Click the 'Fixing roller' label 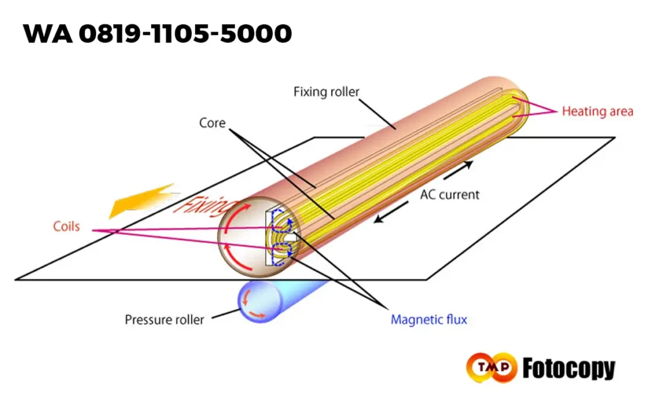(x=326, y=92)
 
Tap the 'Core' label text (x=213, y=123)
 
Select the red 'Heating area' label (x=597, y=112)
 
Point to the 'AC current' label (x=450, y=194)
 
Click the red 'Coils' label (x=66, y=226)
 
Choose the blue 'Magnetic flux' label (x=428, y=319)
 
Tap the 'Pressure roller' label (x=165, y=319)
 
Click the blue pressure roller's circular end (x=260, y=301)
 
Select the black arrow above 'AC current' (x=458, y=170)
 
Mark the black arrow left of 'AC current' (x=391, y=212)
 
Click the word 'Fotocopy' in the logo (x=569, y=368)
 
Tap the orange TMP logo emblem (x=491, y=367)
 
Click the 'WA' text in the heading (x=47, y=34)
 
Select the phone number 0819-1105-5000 (x=185, y=34)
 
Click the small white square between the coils (x=290, y=238)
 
